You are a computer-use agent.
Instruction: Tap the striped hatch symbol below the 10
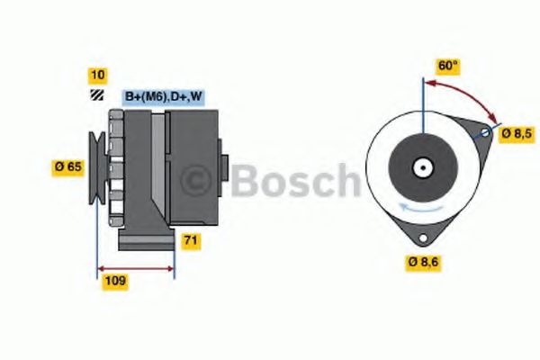[x=95, y=95]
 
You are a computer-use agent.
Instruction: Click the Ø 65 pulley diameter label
[x=68, y=166]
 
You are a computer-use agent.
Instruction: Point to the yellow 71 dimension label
[x=191, y=241]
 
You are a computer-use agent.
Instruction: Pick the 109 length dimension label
[x=115, y=282]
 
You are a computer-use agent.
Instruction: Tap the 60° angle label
[x=447, y=66]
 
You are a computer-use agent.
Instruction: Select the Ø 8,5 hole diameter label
[x=517, y=133]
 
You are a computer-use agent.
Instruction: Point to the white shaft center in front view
[x=421, y=168]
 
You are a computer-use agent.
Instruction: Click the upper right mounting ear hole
[x=487, y=133]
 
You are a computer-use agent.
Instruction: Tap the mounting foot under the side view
[x=148, y=241]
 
